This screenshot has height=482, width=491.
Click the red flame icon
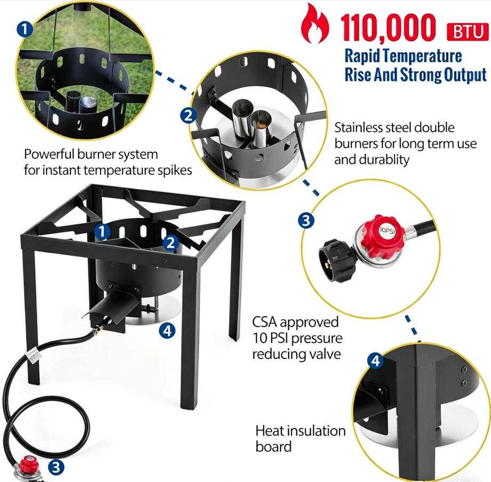[315, 23]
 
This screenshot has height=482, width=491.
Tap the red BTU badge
[467, 31]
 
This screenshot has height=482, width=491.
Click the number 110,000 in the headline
[388, 28]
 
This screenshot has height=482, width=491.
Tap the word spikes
[176, 171]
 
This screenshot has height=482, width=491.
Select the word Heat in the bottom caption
[269, 431]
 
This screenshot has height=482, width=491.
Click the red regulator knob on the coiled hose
[29, 464]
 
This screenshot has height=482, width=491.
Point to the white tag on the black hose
[34, 356]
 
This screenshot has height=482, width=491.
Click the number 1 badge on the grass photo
[24, 29]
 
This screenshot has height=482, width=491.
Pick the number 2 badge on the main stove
[171, 242]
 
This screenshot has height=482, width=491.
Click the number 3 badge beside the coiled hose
[56, 467]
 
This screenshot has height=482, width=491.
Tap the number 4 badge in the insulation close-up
[375, 361]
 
